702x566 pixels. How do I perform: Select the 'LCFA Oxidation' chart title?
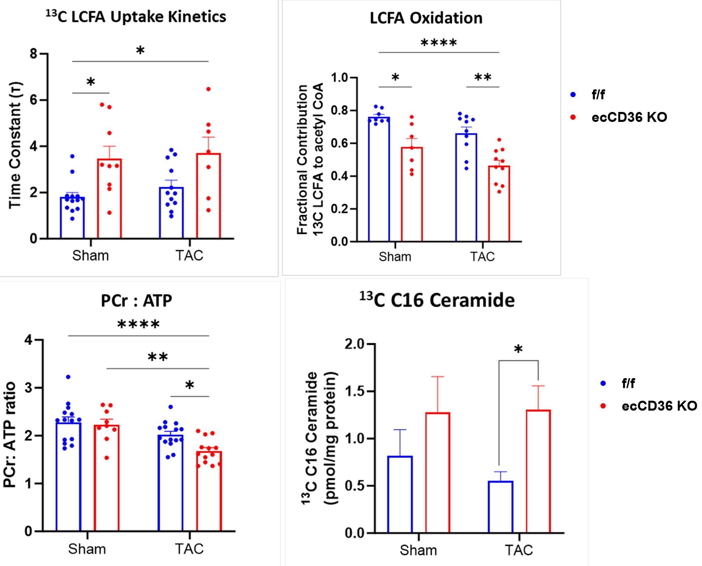click(x=426, y=18)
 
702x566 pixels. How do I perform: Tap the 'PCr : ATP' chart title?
click(x=136, y=301)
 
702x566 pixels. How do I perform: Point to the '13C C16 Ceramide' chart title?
click(x=437, y=300)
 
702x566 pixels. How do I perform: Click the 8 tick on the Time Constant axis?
click(x=34, y=54)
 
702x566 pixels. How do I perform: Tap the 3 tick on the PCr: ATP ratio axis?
click(x=28, y=388)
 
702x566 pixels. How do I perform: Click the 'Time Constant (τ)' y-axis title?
click(x=15, y=145)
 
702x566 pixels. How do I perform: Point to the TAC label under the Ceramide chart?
click(x=519, y=550)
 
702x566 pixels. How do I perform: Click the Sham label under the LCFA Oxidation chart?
click(x=395, y=256)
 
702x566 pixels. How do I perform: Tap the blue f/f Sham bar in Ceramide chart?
click(x=400, y=494)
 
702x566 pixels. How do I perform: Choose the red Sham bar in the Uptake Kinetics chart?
click(x=110, y=199)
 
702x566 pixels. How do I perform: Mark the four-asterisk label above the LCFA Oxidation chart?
click(x=438, y=43)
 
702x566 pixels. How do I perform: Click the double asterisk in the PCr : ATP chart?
click(x=158, y=357)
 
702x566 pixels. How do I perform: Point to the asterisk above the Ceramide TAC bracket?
click(x=518, y=350)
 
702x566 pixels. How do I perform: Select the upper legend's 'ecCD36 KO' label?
click(x=629, y=117)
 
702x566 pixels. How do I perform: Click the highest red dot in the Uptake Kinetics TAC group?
click(x=208, y=89)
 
